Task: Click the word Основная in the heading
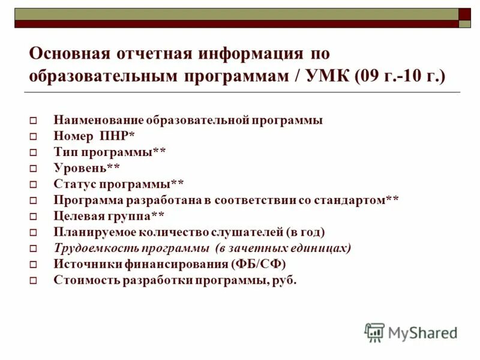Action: point(69,54)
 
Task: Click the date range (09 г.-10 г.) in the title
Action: point(400,77)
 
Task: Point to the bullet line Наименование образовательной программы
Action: point(188,120)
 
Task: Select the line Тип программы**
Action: point(109,152)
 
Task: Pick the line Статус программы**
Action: point(118,184)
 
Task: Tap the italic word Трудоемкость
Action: point(93,248)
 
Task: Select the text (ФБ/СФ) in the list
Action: point(259,264)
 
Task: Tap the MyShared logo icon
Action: point(374,332)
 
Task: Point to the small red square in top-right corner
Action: point(465,14)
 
